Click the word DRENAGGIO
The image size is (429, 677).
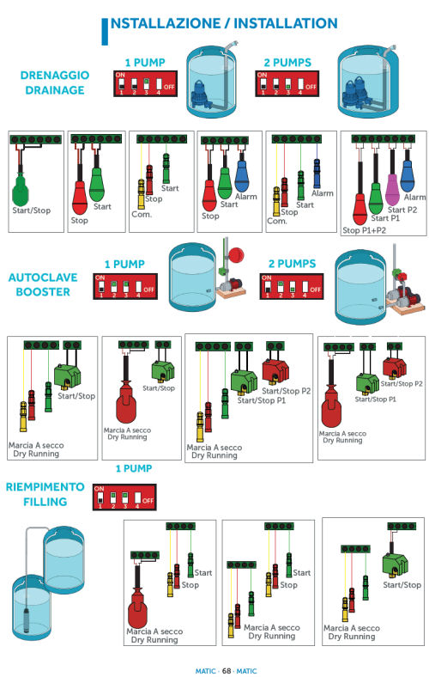(55, 75)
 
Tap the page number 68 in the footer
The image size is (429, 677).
(227, 671)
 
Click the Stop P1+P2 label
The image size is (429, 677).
(364, 230)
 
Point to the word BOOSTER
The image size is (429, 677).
(43, 292)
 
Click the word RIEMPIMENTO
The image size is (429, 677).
(45, 487)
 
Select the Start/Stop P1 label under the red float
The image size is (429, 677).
(375, 399)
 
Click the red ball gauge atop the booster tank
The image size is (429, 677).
(235, 255)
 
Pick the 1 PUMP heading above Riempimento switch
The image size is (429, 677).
(134, 468)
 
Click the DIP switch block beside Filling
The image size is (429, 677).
(124, 497)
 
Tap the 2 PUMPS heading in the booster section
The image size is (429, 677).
(292, 264)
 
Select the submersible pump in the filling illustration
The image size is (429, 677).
(27, 619)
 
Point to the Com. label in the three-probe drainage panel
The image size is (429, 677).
(142, 214)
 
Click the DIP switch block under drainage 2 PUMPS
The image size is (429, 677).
(287, 83)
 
